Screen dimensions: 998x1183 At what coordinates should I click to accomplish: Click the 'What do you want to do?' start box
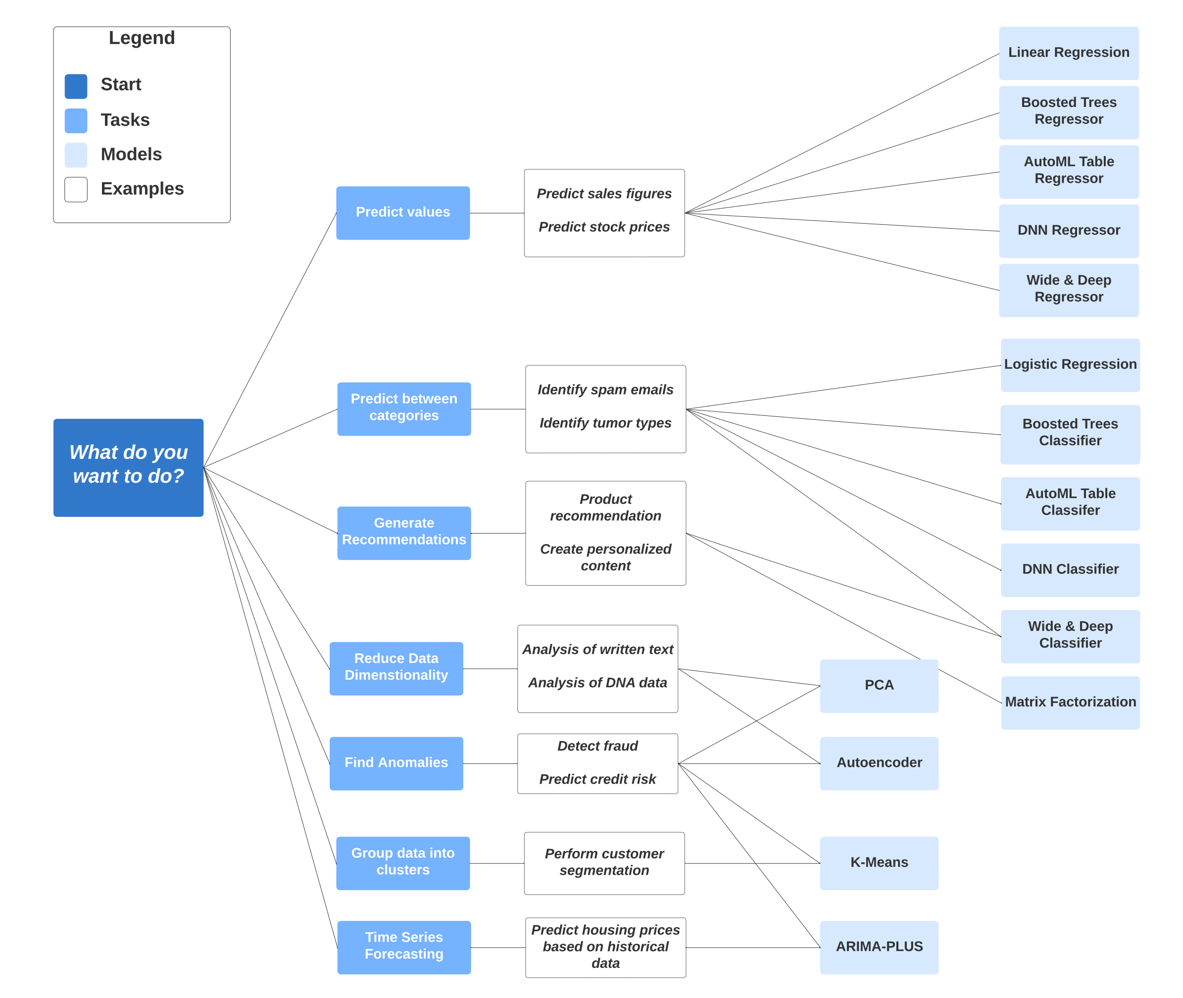pyautogui.click(x=128, y=467)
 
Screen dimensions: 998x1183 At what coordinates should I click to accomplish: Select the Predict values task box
pyautogui.click(x=403, y=213)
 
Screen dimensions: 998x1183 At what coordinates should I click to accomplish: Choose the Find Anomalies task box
pyautogui.click(x=396, y=763)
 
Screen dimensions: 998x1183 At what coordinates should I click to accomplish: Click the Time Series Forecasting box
pyautogui.click(x=404, y=947)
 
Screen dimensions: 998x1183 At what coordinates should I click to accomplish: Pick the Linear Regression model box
pyautogui.click(x=1068, y=53)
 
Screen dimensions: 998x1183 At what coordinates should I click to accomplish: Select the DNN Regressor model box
pyautogui.click(x=1068, y=231)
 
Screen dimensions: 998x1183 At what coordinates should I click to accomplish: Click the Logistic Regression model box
pyautogui.click(x=1070, y=365)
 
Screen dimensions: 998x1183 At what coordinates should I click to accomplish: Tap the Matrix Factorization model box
pyautogui.click(x=1070, y=702)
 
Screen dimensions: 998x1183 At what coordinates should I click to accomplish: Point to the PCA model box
pyautogui.click(x=879, y=685)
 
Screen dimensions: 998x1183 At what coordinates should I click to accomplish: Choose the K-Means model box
pyautogui.click(x=879, y=863)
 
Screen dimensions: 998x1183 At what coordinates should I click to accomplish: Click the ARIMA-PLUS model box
pyautogui.click(x=879, y=947)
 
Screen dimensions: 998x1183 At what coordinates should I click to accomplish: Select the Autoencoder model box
pyautogui.click(x=879, y=763)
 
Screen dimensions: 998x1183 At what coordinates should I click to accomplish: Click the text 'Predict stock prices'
pyautogui.click(x=604, y=227)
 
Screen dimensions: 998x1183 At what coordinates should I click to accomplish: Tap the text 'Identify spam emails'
pyautogui.click(x=605, y=390)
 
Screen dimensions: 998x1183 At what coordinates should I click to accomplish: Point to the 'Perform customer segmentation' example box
pyautogui.click(x=604, y=862)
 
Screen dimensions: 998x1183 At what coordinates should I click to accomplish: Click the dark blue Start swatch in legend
pyautogui.click(x=76, y=86)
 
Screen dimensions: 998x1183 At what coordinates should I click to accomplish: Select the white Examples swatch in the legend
pyautogui.click(x=76, y=189)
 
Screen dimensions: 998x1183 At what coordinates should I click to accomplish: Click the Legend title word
pyautogui.click(x=142, y=38)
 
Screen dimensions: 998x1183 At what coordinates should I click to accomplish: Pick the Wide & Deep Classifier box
pyautogui.click(x=1070, y=635)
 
